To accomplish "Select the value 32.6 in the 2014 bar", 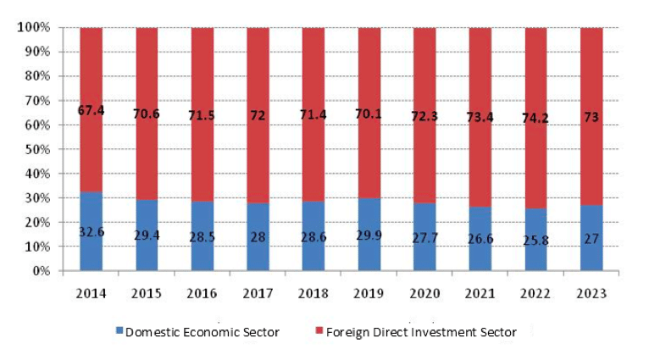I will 91,231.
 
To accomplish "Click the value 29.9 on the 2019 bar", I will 369,235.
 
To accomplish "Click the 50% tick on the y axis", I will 37,150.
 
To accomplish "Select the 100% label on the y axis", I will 34,28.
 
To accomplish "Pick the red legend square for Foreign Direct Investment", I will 319,333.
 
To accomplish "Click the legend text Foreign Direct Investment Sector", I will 421,333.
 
